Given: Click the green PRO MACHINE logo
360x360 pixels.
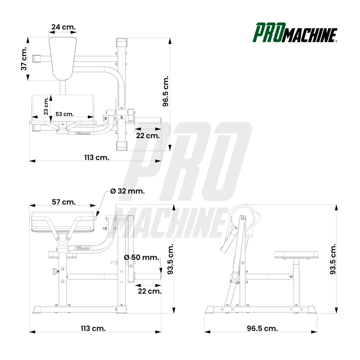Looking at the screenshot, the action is tap(295, 32).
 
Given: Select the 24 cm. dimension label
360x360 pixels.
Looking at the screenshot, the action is tap(63, 27).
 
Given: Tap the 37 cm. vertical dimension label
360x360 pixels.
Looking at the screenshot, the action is tap(24, 59).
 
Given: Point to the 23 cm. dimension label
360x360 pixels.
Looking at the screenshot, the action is tap(46, 106).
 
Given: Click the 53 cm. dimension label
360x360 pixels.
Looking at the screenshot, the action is tap(64, 114).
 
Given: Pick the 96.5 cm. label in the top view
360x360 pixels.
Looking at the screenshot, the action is tap(166, 91).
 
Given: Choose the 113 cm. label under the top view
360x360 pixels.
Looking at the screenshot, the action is tap(97, 158).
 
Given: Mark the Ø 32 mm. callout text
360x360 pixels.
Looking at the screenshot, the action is tap(127, 191).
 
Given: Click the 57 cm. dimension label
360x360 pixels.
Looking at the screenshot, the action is tap(63, 202).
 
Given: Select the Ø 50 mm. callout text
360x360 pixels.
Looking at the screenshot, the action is tap(141, 257).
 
